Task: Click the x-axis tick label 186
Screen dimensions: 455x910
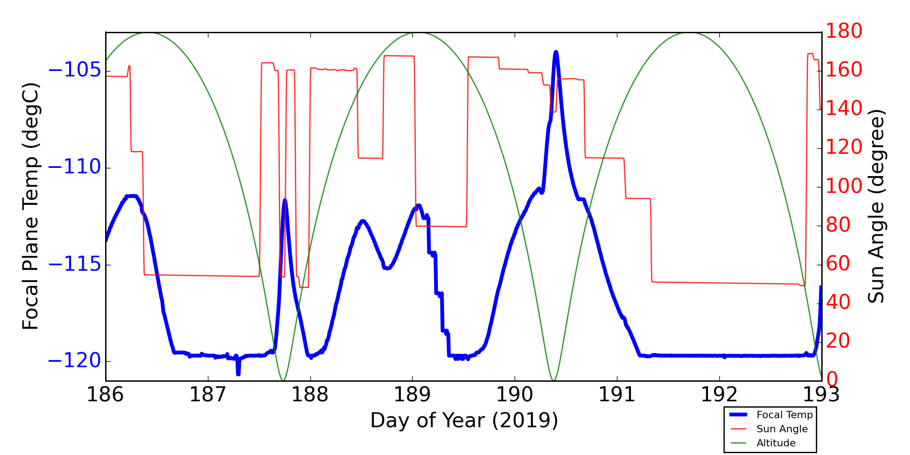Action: click(x=105, y=395)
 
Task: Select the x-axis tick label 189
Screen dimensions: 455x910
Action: click(x=412, y=395)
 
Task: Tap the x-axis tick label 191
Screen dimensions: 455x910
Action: click(x=617, y=395)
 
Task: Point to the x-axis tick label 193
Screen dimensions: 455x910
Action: click(x=821, y=395)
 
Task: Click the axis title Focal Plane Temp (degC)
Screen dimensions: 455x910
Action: click(x=31, y=206)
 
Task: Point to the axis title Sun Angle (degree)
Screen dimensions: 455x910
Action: click(x=876, y=206)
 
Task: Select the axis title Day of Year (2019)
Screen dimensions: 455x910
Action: click(x=464, y=420)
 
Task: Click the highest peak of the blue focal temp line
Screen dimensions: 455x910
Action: click(x=556, y=52)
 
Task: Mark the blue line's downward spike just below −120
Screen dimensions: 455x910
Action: click(x=238, y=373)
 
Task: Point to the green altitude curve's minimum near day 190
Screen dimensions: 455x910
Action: click(x=553, y=380)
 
